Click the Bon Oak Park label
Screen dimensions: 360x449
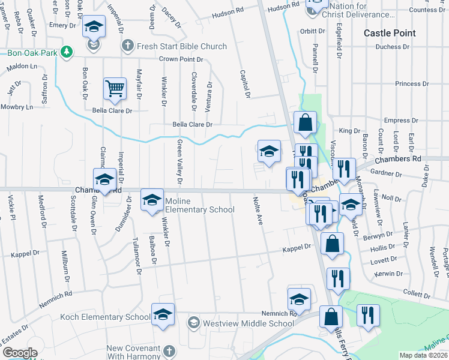click(32, 53)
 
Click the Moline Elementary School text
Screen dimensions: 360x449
click(199, 205)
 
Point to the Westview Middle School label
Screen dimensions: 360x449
click(248, 323)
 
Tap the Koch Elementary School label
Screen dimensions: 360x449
click(105, 317)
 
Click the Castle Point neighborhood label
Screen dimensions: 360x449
click(390, 33)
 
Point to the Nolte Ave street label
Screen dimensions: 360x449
click(259, 211)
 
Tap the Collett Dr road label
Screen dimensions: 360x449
click(415, 292)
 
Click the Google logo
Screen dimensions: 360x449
click(20, 353)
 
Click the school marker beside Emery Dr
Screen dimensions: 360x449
click(94, 28)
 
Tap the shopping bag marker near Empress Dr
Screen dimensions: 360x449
click(305, 123)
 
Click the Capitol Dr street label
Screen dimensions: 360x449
click(246, 83)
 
